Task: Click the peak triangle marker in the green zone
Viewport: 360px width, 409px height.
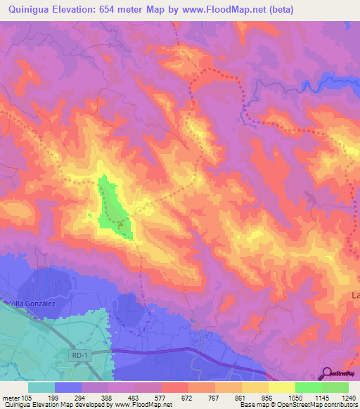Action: point(120,226)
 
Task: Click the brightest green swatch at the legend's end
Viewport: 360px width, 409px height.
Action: point(335,387)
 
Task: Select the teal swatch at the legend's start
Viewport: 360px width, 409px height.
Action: point(41,387)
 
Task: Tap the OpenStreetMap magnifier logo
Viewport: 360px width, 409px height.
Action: point(328,374)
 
